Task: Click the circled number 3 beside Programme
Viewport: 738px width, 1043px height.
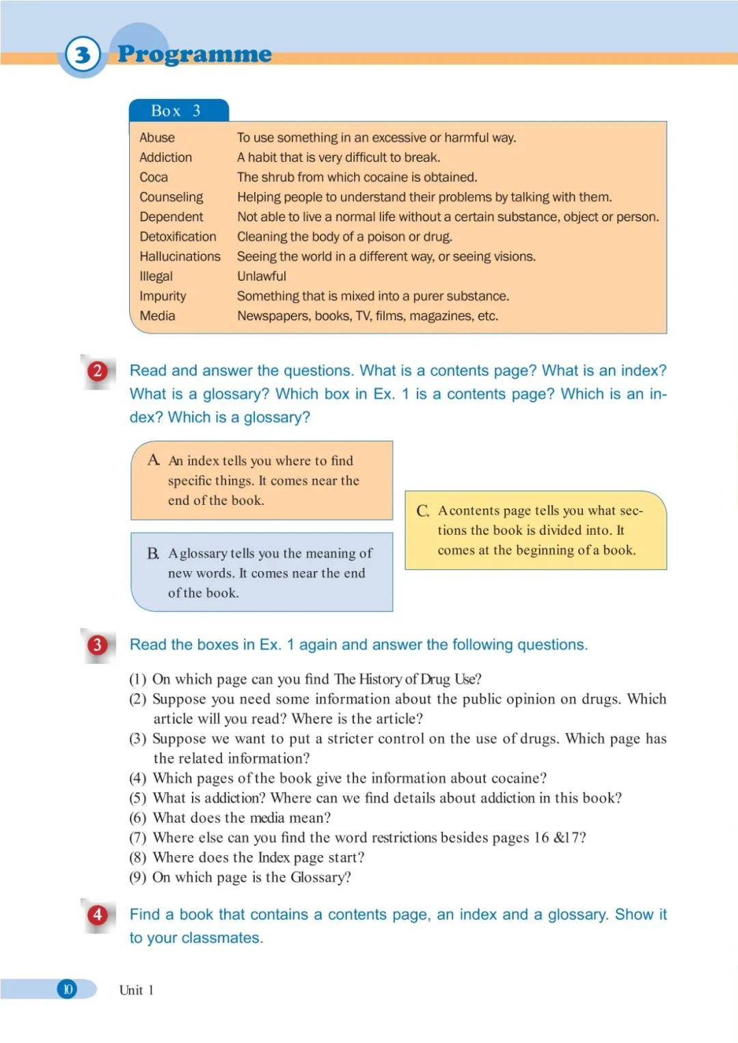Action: coord(83,55)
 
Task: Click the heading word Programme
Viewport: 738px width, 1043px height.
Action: coord(195,54)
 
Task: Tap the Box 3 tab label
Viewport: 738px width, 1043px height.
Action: coord(176,111)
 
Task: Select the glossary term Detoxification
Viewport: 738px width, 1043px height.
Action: coord(178,237)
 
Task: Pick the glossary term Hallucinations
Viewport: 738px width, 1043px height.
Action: coord(180,257)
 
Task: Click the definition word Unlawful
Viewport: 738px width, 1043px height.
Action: coord(262,277)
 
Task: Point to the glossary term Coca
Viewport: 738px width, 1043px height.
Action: coord(154,178)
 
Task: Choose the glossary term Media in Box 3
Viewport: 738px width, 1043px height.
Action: coord(157,316)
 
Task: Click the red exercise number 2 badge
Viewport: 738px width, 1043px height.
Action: coord(98,371)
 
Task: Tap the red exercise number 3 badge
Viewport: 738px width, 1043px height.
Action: coord(98,645)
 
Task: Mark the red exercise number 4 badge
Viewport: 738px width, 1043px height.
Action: coord(98,915)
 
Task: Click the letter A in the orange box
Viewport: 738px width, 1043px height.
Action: coord(154,460)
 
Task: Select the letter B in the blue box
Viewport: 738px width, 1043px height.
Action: coord(153,553)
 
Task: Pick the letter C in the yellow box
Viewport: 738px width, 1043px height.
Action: coord(423,511)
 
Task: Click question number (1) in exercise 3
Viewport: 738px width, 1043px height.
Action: coord(138,680)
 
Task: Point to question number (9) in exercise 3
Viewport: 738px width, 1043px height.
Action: coord(138,878)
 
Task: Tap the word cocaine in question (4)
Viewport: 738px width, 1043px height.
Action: coord(517,779)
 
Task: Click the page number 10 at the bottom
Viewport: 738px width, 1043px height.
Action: coord(68,989)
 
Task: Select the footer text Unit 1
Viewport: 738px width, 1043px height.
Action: coord(136,990)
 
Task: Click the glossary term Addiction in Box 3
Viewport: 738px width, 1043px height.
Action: coord(165,158)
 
